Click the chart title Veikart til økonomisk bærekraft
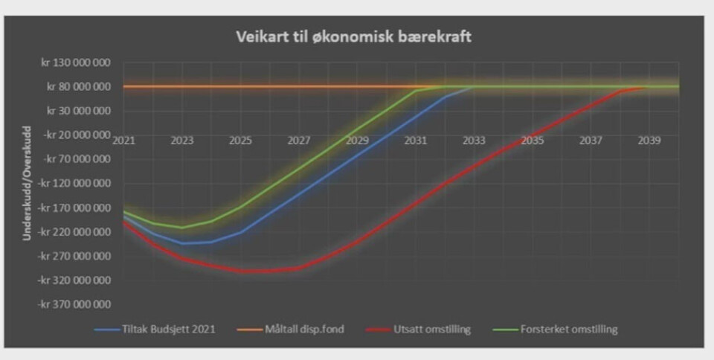pyautogui.click(x=353, y=36)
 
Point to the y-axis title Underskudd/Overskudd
pyautogui.click(x=28, y=183)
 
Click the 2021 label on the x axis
pyautogui.click(x=123, y=140)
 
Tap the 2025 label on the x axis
pyautogui.click(x=240, y=140)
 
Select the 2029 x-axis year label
pyautogui.click(x=357, y=140)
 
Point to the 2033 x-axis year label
pyautogui.click(x=474, y=140)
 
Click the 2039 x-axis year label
pyautogui.click(x=649, y=140)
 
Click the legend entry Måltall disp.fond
pyautogui.click(x=306, y=329)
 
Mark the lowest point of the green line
pyautogui.click(x=181, y=228)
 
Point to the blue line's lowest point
pyautogui.click(x=182, y=243)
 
